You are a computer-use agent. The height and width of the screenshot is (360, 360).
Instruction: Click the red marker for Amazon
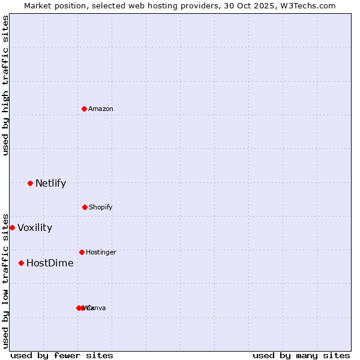tap(84, 109)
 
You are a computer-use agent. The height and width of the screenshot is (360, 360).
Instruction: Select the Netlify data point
tap(30, 183)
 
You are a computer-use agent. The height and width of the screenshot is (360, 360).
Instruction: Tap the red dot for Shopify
tap(85, 207)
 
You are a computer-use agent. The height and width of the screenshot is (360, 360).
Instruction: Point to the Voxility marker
tap(12, 227)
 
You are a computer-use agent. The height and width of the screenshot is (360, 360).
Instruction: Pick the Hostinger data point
tap(82, 252)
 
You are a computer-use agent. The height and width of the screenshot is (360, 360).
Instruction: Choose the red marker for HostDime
tap(21, 263)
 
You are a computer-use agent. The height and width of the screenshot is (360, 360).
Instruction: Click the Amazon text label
tap(101, 109)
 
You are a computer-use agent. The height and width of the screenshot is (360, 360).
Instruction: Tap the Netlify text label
tap(50, 183)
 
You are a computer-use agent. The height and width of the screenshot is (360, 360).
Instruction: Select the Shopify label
tap(101, 207)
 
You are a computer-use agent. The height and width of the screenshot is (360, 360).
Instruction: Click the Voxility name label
tap(35, 227)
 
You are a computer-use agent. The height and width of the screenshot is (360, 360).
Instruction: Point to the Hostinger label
tap(101, 252)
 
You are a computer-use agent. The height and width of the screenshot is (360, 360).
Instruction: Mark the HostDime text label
tap(50, 263)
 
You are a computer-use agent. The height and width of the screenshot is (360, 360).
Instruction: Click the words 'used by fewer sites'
tap(62, 355)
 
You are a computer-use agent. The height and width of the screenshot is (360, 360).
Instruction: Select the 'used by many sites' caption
tap(301, 355)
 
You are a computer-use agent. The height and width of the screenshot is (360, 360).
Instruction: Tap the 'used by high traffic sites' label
tap(5, 85)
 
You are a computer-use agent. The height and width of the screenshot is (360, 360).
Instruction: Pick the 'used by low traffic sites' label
tap(5, 280)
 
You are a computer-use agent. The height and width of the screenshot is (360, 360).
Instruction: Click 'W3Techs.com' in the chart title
tap(310, 5)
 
